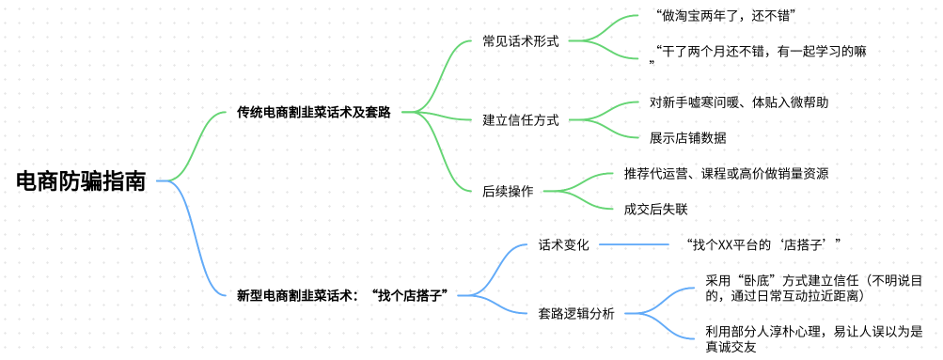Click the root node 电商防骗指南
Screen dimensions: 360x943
point(81,181)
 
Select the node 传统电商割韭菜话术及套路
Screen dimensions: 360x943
point(313,113)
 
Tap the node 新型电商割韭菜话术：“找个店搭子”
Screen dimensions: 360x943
point(341,295)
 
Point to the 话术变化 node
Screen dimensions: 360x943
point(563,245)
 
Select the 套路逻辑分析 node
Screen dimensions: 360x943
point(576,314)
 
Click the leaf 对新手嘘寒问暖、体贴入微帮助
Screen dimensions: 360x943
point(738,102)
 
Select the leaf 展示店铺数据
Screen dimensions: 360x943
point(687,137)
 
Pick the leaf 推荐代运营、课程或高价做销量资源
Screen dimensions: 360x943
point(726,173)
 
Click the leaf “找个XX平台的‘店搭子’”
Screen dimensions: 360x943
point(762,245)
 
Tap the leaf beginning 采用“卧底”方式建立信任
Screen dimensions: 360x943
point(812,288)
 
